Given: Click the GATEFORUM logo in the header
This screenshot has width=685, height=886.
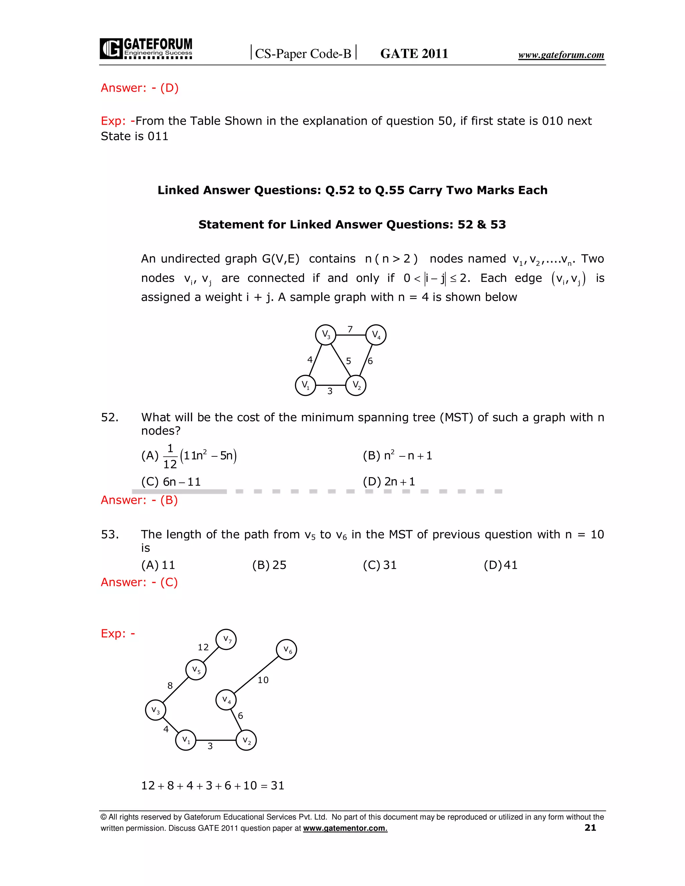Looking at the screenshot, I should click(x=146, y=49).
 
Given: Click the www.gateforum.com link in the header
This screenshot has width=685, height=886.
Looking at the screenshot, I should click(x=561, y=55).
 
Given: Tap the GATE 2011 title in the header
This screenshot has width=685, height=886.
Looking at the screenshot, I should click(x=414, y=53).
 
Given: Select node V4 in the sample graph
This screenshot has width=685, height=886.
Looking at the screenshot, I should click(x=376, y=335).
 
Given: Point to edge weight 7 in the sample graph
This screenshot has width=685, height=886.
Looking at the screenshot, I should click(x=350, y=329).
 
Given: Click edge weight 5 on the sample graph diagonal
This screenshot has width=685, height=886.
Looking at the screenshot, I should click(x=348, y=361).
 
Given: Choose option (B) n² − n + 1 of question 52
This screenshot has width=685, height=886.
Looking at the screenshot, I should click(x=397, y=456).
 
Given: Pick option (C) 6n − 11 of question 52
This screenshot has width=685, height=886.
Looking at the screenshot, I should click(x=171, y=482).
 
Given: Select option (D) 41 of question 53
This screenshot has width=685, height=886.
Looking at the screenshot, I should click(x=500, y=565).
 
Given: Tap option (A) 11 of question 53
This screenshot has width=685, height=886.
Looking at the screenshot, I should click(x=158, y=565).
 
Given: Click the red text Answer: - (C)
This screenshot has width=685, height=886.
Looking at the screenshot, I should click(x=139, y=582).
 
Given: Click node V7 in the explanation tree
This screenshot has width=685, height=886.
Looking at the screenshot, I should click(x=226, y=639).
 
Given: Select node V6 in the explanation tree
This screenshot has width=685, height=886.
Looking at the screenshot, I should click(x=287, y=650).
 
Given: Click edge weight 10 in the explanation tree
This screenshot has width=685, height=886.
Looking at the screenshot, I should click(x=263, y=680).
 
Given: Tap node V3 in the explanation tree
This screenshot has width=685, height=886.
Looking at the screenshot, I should click(x=156, y=710).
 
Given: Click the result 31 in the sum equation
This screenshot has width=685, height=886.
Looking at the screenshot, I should click(x=278, y=786).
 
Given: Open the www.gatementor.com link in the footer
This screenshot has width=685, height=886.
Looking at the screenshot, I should click(x=345, y=828).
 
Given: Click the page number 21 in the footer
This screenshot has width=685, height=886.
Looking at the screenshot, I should click(x=590, y=827).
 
